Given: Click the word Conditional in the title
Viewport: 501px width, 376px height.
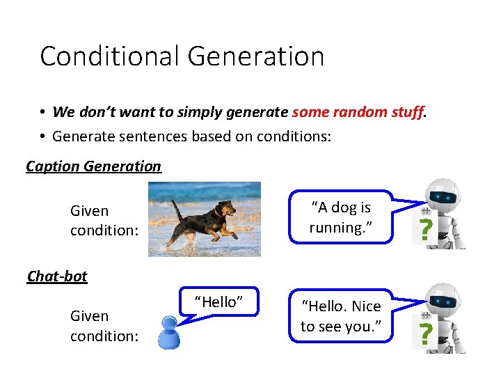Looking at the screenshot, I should point(106,56).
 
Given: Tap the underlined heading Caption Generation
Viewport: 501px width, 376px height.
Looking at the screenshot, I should point(93,166).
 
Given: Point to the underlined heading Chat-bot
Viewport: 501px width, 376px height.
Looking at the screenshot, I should point(57,276).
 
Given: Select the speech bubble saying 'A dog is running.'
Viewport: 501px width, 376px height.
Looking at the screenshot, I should point(341,217).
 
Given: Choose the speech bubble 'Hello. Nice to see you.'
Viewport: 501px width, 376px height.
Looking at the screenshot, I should point(341,316).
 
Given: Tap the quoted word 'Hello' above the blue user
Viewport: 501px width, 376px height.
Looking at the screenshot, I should point(218,301).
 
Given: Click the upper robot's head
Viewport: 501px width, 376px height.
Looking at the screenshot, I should point(443,197).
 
